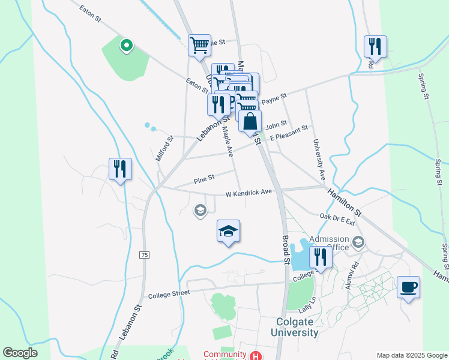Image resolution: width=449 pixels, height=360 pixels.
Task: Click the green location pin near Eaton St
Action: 126,45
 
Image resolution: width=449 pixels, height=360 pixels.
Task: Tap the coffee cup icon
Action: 408,287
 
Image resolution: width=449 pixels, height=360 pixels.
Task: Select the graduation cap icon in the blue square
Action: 228,232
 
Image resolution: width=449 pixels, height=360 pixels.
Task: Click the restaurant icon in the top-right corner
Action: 375,46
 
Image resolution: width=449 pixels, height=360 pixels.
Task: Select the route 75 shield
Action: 144,255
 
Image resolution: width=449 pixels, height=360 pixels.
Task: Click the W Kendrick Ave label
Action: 249,193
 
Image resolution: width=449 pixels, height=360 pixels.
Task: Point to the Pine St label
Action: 204,178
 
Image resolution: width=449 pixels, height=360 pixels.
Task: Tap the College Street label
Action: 169,293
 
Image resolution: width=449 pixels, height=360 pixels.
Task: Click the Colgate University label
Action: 294,327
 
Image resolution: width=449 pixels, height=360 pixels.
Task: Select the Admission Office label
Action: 329,242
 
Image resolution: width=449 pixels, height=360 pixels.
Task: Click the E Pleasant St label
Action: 288,133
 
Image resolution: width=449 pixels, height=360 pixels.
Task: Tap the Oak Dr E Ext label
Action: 337,219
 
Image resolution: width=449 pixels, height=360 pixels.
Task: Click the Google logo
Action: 20,353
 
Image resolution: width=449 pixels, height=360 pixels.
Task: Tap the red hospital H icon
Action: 256,355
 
